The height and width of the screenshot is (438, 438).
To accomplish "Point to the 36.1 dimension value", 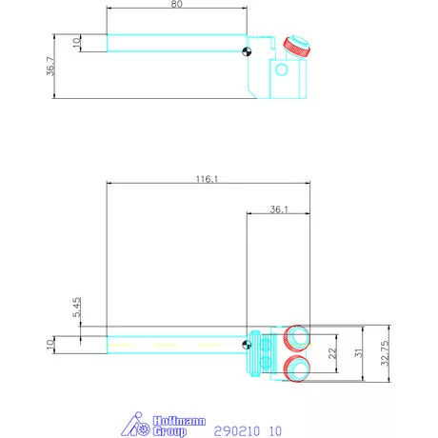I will point(279,209).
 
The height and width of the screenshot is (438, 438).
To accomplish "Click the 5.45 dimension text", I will point(76,308).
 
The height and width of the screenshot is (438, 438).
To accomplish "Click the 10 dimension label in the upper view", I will point(76,43).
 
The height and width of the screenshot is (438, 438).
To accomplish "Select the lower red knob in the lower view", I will point(295,368).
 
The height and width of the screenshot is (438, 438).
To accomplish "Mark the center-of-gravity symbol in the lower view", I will point(248,345).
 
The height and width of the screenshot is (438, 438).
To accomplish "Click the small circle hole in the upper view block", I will point(282,70).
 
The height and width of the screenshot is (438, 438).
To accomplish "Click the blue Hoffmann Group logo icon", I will point(135,425).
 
